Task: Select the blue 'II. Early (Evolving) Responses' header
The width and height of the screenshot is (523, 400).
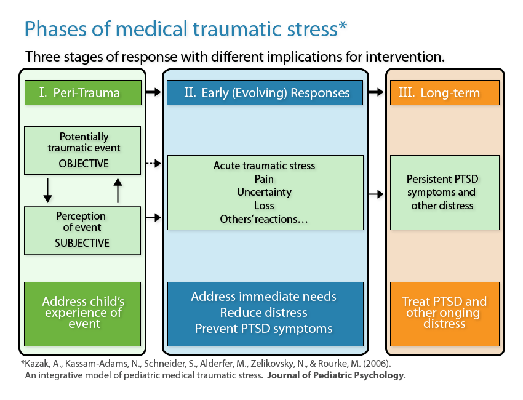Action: pyautogui.click(x=266, y=93)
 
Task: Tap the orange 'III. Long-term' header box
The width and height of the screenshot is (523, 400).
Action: pyautogui.click(x=444, y=93)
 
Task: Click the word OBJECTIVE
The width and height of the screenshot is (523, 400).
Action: pyautogui.click(x=84, y=164)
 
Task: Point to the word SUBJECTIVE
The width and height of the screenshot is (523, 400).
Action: pyautogui.click(x=82, y=243)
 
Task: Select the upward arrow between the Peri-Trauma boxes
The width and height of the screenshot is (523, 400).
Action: pyautogui.click(x=119, y=190)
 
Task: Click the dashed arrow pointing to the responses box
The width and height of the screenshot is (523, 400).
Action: pyautogui.click(x=154, y=164)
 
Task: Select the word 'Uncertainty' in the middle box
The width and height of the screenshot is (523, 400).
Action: pyautogui.click(x=264, y=192)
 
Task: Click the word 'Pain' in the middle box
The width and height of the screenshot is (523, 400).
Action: pyautogui.click(x=264, y=178)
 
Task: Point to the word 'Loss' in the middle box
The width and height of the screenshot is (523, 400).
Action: pyautogui.click(x=264, y=206)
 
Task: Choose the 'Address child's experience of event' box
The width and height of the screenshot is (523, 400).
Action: pyautogui.click(x=82, y=313)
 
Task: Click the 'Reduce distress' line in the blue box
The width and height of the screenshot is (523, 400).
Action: pyautogui.click(x=263, y=313)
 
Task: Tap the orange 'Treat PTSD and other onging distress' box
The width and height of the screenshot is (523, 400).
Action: pyautogui.click(x=444, y=312)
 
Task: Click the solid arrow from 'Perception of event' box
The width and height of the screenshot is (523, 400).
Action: pyautogui.click(x=154, y=218)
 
